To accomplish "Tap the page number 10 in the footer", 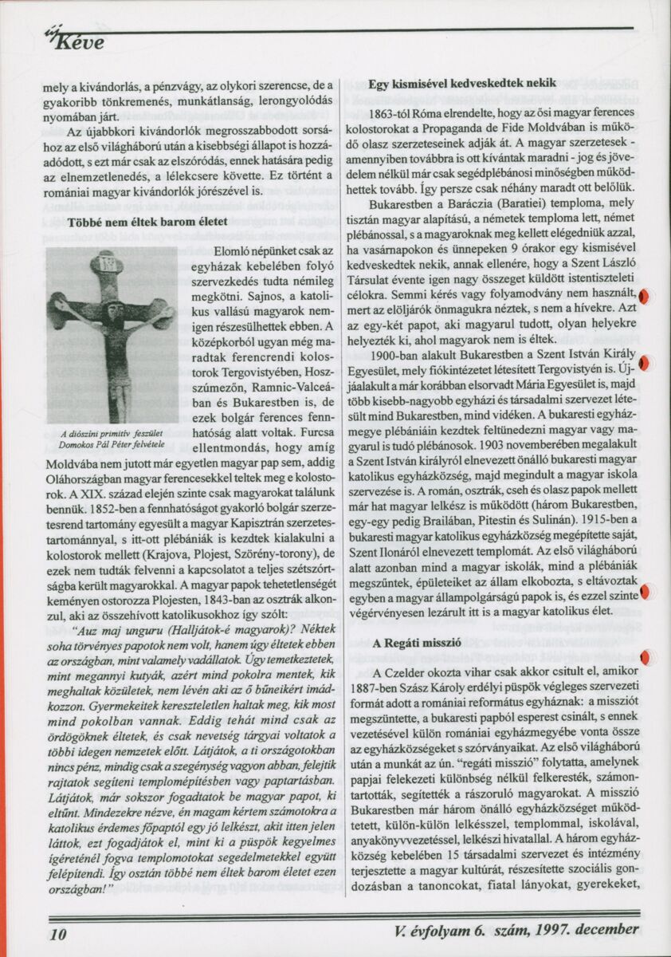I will click(x=57, y=932).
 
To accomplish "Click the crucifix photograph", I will click(x=112, y=335).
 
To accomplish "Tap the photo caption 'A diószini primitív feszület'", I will click(x=112, y=433).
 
